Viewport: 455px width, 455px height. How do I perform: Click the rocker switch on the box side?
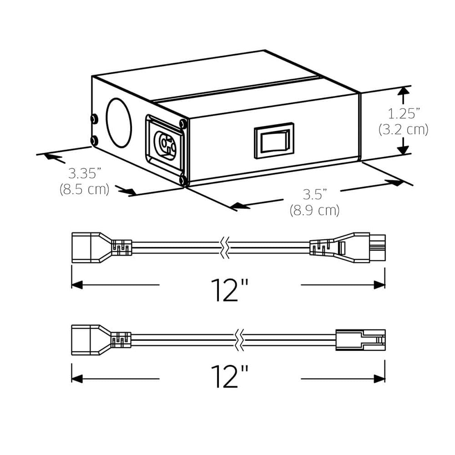(x=274, y=140)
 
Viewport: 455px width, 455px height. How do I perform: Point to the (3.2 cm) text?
(x=403, y=130)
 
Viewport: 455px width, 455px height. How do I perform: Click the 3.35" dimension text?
(x=84, y=174)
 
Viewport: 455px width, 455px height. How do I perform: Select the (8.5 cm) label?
(x=84, y=189)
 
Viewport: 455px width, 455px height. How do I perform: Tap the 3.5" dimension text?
(x=315, y=195)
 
